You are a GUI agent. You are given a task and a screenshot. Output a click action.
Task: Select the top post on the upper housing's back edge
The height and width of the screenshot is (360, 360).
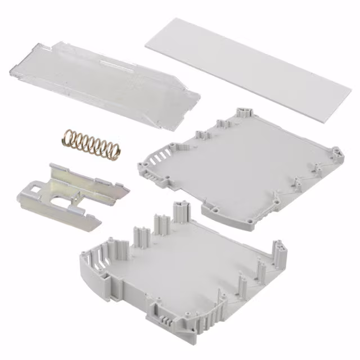coord(244,110)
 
